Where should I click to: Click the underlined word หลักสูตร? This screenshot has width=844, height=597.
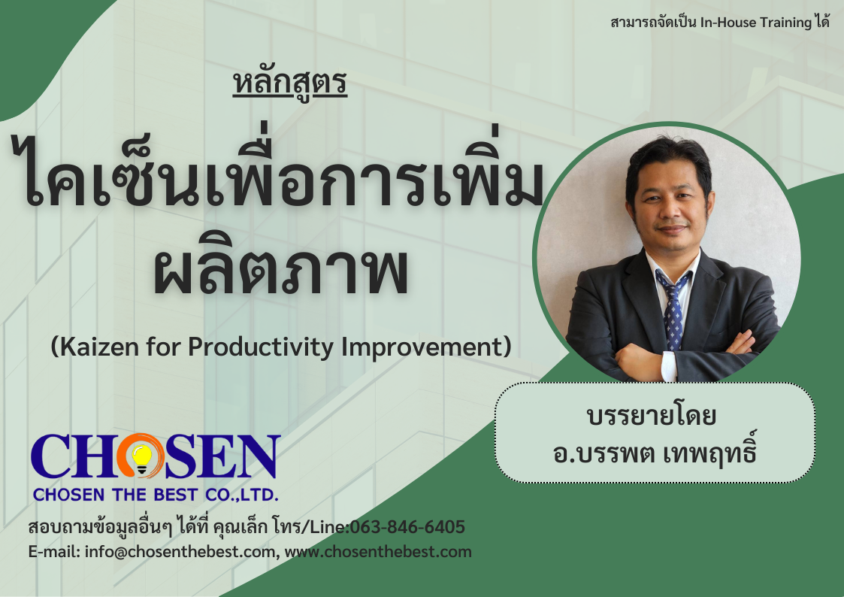click(289, 83)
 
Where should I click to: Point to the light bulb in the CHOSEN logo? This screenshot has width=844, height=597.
click(142, 459)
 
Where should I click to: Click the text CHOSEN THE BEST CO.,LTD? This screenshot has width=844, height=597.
click(156, 494)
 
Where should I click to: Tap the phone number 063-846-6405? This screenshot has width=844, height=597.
click(407, 526)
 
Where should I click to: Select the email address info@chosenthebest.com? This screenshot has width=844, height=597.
click(180, 552)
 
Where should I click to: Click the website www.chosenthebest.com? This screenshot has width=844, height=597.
click(378, 552)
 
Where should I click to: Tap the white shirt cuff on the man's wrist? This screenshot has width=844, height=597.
click(669, 366)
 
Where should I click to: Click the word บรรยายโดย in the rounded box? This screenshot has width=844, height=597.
click(652, 416)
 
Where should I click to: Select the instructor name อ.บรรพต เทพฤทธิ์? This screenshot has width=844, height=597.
click(655, 452)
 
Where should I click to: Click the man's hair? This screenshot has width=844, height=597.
click(669, 159)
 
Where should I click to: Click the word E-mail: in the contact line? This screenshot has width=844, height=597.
click(54, 552)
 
